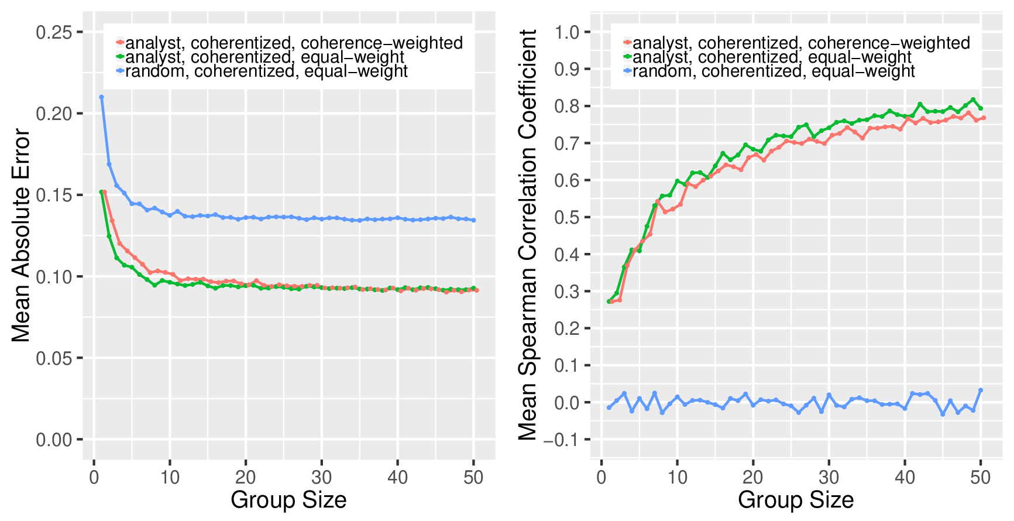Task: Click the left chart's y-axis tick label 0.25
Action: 54,32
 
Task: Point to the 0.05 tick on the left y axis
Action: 54,358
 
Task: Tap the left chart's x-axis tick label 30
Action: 321,478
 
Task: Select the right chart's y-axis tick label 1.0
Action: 567,32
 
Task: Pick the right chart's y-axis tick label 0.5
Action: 567,217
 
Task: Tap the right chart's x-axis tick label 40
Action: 905,478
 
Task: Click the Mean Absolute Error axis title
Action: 21,235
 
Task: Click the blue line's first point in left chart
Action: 101,97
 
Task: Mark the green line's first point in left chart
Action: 101,192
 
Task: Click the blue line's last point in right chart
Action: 981,390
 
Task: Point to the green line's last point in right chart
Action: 981,108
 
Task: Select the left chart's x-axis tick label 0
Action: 94,478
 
